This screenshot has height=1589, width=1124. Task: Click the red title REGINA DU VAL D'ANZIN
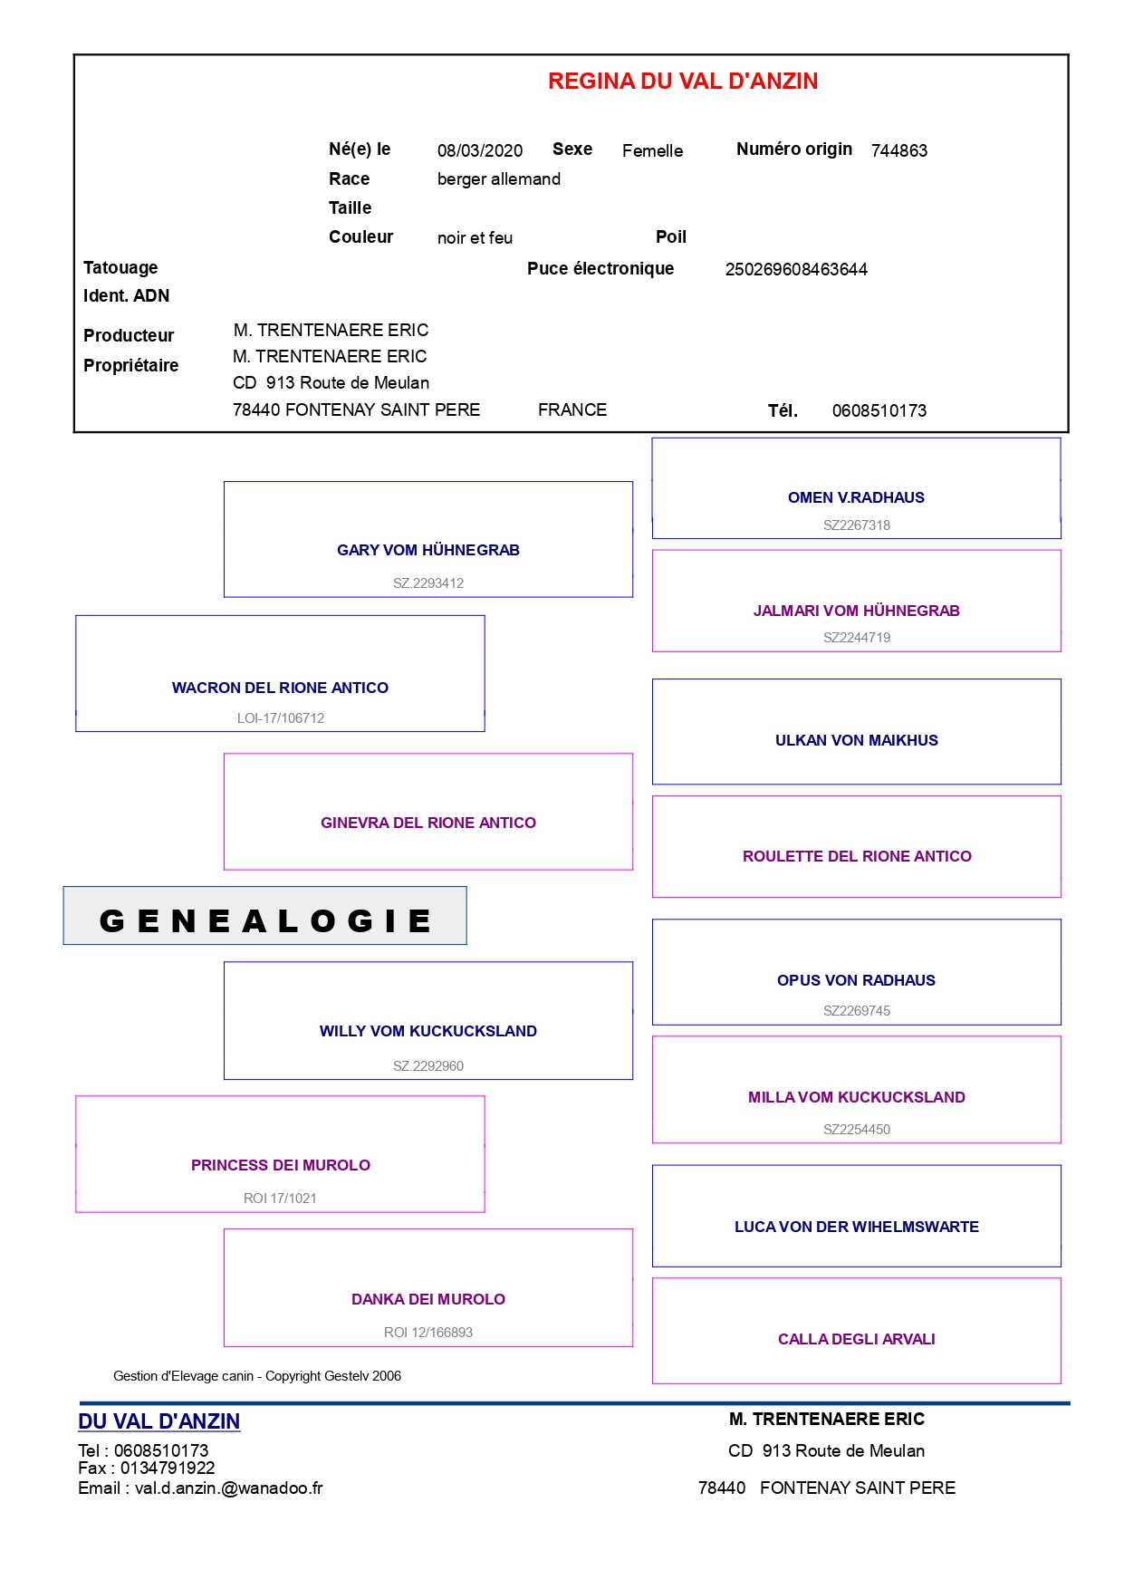coord(683,82)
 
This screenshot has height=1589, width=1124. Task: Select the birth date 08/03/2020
coord(480,150)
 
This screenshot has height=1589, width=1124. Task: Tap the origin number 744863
coord(899,150)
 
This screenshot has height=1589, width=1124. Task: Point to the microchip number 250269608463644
coord(796,269)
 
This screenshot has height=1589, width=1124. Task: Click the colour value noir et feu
coord(475,237)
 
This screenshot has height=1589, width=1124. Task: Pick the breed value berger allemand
coord(499,179)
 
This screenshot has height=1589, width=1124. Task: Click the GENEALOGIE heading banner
coord(265,916)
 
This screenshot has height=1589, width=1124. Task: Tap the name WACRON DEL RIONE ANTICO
coord(280,688)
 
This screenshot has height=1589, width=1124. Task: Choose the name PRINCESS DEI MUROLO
coord(281,1165)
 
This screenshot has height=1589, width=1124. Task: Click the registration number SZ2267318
coord(857,525)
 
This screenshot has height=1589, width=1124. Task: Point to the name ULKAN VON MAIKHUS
coord(857,740)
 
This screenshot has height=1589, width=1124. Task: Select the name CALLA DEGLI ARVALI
coord(857,1339)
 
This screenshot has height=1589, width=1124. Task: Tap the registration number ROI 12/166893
coord(428,1333)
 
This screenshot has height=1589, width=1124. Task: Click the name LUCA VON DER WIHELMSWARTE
coord(857,1227)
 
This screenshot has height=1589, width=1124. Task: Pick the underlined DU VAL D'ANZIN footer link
coord(159,1421)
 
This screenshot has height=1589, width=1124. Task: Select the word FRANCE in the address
coord(572,410)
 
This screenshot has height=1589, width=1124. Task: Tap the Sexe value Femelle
coord(653,150)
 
